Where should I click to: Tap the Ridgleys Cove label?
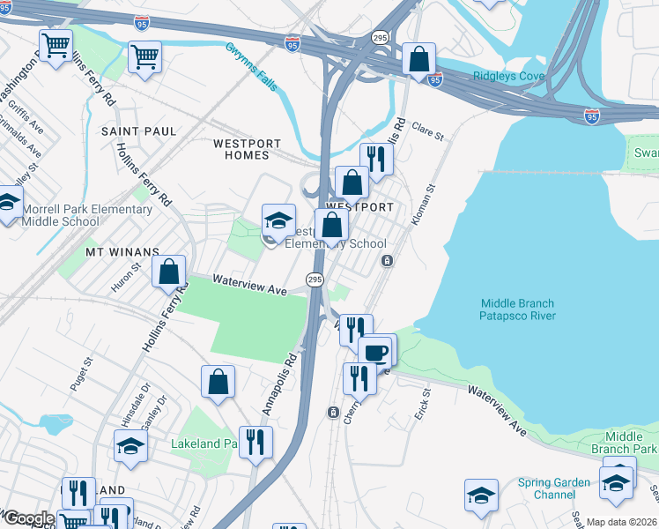pos(508,76)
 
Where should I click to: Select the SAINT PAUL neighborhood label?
pos(133,130)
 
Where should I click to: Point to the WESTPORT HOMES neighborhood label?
pos(248,149)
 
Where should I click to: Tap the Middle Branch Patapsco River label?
pos(517,309)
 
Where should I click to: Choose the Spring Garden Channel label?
pos(554,488)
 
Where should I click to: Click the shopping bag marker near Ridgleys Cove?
pos(419,59)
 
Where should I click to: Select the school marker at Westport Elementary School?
pos(278,220)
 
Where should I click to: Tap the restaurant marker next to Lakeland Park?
pos(255,441)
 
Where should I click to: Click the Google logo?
pos(28,519)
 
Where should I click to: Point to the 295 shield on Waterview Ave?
pos(315,279)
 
